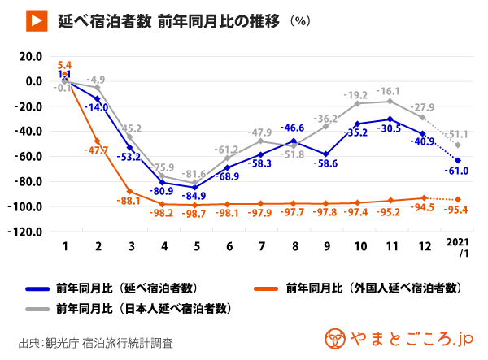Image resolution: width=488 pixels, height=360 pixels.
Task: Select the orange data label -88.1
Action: (x=129, y=202)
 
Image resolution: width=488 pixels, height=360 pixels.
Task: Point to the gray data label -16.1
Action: (x=388, y=92)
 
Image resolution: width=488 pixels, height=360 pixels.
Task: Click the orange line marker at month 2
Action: (x=97, y=141)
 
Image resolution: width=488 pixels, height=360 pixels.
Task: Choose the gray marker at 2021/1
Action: (x=458, y=145)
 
